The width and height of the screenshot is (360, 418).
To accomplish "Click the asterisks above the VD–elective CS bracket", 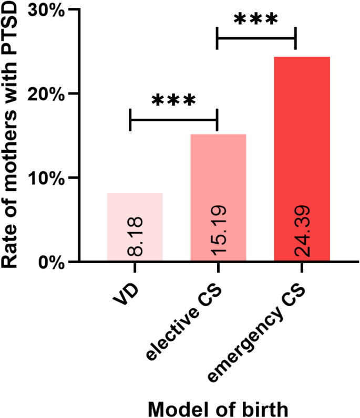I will pos(173,100).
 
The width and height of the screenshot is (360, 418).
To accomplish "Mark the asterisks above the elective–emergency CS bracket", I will pos(255,19).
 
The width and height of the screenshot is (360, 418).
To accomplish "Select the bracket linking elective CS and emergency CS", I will pos(256,38).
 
